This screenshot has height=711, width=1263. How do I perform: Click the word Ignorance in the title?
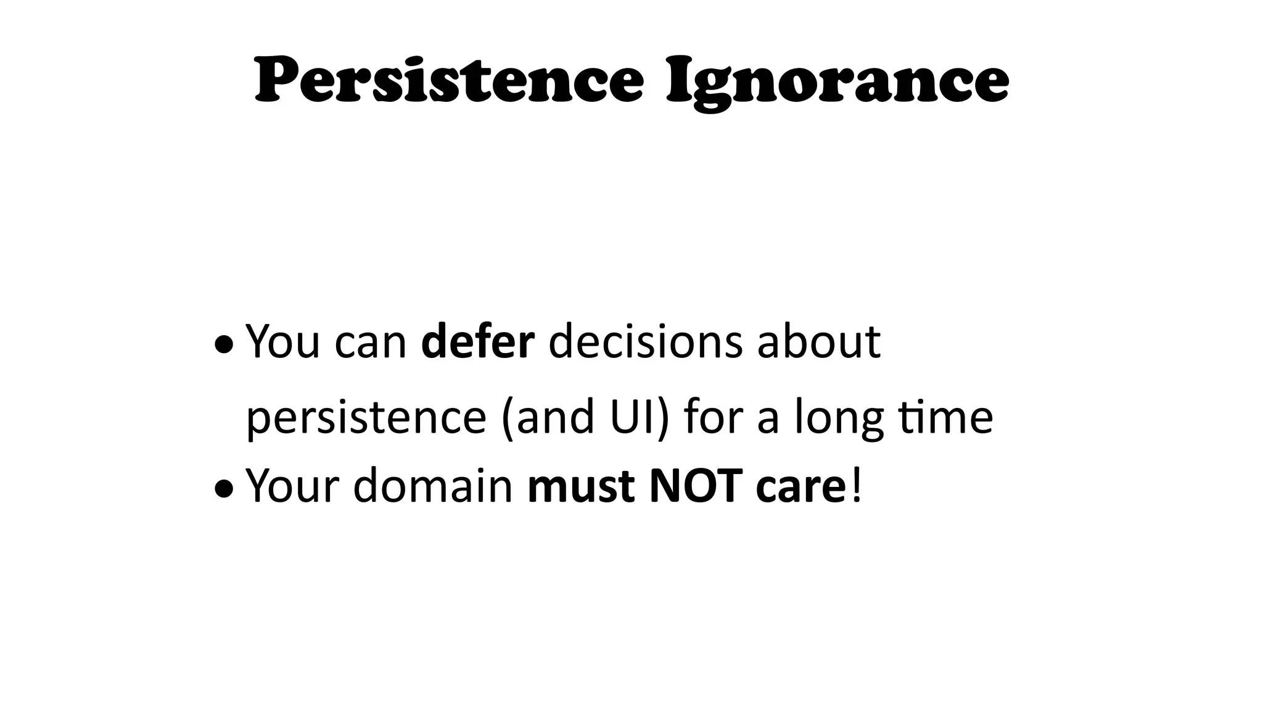click(837, 84)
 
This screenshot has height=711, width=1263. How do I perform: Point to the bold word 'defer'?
click(477, 342)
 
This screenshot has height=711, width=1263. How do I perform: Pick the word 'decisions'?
click(645, 342)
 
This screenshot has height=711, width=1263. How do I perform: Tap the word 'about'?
click(819, 342)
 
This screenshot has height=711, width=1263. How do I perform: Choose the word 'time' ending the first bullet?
click(946, 416)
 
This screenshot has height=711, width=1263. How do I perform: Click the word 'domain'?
click(433, 486)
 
